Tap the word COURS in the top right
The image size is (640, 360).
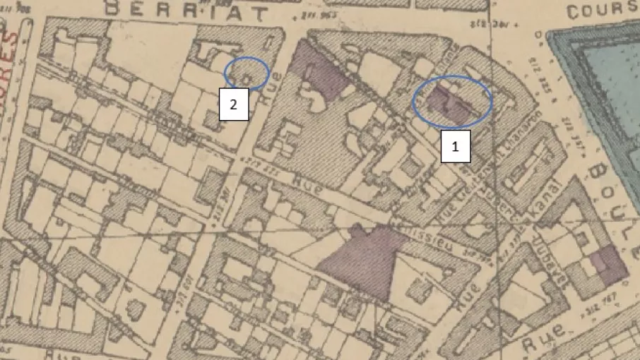point(602,11)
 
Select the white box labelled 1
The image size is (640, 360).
point(456,148)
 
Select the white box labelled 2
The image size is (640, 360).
point(234,104)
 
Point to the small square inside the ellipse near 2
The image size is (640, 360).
point(247,75)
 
